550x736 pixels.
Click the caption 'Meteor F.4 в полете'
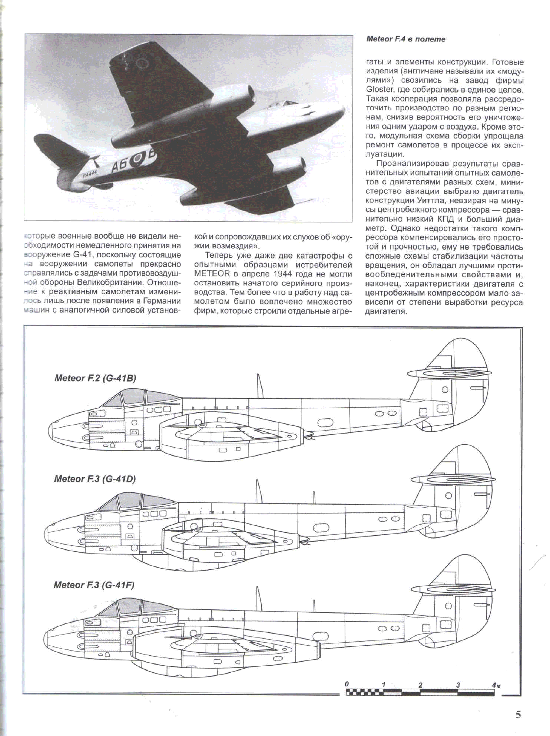pyautogui.click(x=405, y=39)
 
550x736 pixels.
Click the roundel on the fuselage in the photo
pyautogui.click(x=137, y=161)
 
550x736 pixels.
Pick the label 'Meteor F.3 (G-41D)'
pyautogui.click(x=95, y=479)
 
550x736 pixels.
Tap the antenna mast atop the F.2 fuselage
pyautogui.click(x=260, y=386)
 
